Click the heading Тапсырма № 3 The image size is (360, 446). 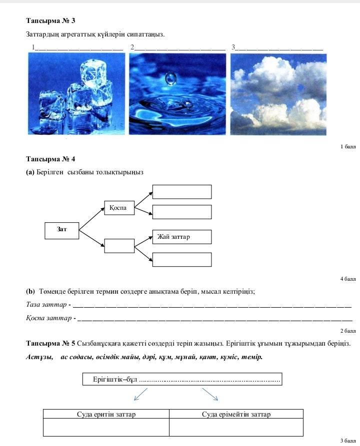click(50, 21)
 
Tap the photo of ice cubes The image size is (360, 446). click(76, 94)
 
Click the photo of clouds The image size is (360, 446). click(278, 94)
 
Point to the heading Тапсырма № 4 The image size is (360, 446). click(50, 159)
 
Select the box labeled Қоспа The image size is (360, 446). click(119, 207)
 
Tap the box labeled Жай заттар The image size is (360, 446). click(182, 237)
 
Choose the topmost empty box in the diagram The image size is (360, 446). click(182, 192)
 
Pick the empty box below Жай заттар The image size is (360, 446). click(182, 260)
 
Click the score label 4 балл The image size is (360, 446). click(347, 279)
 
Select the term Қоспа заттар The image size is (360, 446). click(49, 318)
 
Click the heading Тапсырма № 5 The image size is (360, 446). click(50, 344)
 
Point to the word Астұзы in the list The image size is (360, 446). click(39, 357)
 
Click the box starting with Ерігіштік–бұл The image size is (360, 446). click(182, 380)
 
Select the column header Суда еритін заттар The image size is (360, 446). click(106, 414)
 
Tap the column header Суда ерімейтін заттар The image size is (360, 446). click(236, 414)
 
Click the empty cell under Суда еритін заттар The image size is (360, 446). click(106, 427)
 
